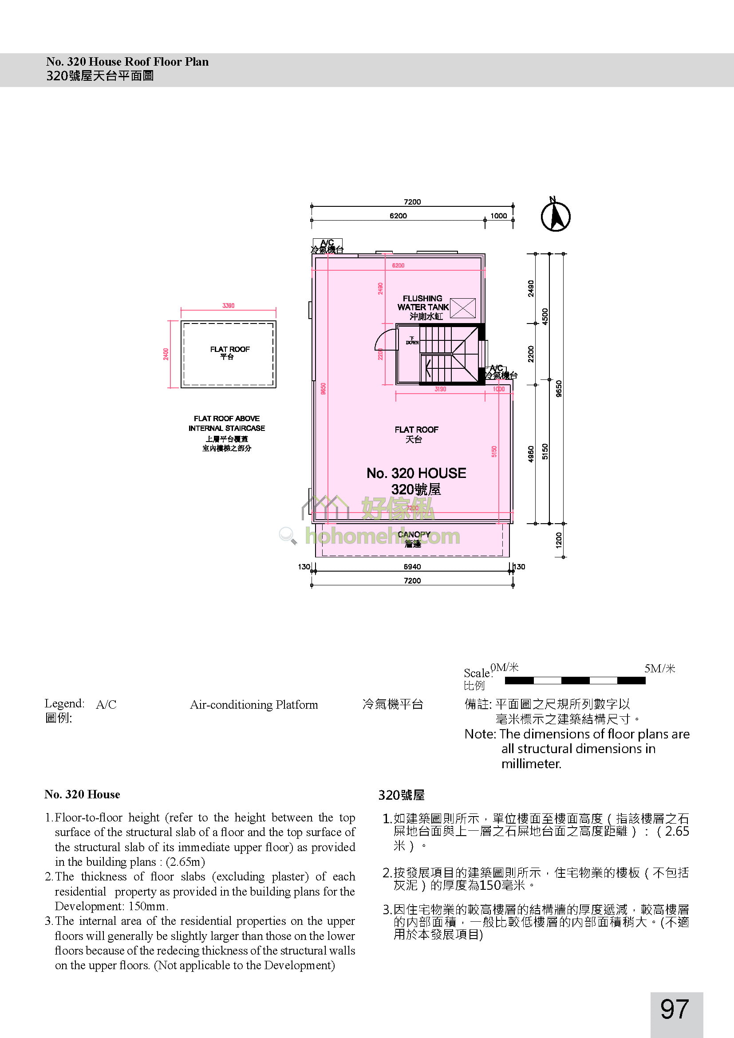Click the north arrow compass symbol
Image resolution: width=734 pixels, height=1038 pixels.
(x=556, y=216)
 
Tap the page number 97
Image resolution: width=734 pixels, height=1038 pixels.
(x=675, y=1010)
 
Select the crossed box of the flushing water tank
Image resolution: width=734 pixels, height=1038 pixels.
(x=463, y=308)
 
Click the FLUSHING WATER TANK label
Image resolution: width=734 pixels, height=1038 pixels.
(x=422, y=303)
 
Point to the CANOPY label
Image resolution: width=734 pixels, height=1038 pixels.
(x=414, y=534)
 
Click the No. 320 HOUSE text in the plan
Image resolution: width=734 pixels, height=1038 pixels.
(x=416, y=474)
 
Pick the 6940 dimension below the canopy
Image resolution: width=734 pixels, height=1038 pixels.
(x=412, y=566)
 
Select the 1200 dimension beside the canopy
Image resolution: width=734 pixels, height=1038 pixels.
(x=559, y=540)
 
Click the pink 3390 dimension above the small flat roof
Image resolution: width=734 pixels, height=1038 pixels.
(x=228, y=306)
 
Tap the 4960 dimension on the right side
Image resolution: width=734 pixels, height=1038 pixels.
(x=531, y=454)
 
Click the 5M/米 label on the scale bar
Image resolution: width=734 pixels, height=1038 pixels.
(x=659, y=668)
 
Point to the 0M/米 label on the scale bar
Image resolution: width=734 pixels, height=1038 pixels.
(x=505, y=667)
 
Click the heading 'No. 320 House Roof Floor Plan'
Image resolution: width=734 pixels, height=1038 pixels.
(x=127, y=62)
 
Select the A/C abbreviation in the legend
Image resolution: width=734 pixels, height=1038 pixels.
(x=106, y=704)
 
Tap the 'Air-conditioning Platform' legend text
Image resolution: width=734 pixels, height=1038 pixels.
(x=253, y=705)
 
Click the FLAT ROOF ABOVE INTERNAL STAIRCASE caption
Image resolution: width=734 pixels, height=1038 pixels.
(x=226, y=423)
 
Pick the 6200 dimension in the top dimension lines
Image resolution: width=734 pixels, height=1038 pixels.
(x=398, y=216)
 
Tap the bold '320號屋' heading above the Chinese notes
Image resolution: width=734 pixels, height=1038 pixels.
(x=401, y=795)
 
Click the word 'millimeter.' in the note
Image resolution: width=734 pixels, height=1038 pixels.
(x=531, y=764)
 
